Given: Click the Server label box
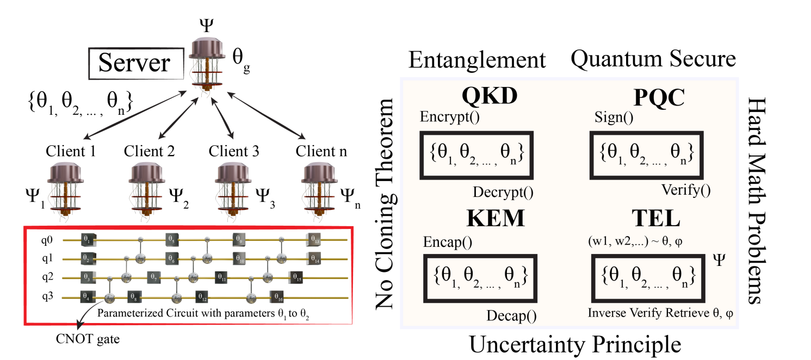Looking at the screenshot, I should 134,64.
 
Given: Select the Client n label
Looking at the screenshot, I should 321,151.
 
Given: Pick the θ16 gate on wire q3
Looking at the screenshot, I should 277,297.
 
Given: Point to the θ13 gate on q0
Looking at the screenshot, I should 313,239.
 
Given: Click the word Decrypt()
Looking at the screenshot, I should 503,192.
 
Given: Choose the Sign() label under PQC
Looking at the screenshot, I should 614,117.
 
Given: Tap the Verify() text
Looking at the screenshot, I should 686,190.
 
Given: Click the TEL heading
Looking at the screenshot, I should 655,219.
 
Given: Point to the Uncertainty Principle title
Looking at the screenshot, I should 575,344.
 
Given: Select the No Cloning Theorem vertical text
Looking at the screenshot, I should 385,204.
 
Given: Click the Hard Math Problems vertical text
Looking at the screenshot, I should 757,201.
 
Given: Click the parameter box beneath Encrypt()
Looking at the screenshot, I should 475,155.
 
